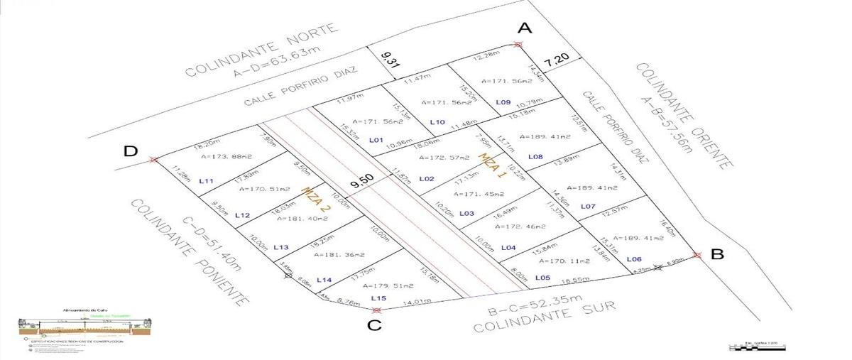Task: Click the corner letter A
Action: [x=525, y=28]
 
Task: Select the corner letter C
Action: [x=375, y=326]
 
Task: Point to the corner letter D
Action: [x=130, y=151]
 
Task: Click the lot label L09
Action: [x=503, y=102]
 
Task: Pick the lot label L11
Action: [x=207, y=181]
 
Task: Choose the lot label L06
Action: [x=634, y=259]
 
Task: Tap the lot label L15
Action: [x=378, y=298]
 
